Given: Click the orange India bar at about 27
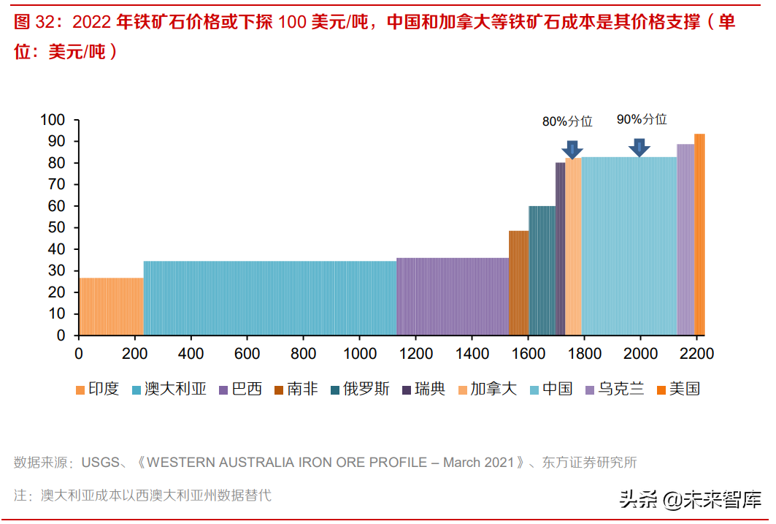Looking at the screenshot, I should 111,306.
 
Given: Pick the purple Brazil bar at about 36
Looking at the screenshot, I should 453,296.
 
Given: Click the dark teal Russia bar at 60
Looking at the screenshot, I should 542,270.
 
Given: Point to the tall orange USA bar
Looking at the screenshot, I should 699,234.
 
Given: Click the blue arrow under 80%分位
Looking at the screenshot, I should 573,149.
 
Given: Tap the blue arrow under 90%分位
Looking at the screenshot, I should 639,147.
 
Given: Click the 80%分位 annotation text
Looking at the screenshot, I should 566,122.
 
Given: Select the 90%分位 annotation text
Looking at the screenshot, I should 642,119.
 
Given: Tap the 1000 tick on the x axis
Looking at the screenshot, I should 360,354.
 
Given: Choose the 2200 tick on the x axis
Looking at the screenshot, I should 696,354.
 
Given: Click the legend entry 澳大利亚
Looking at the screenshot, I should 169,389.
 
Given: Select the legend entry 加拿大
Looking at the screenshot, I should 486,389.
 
